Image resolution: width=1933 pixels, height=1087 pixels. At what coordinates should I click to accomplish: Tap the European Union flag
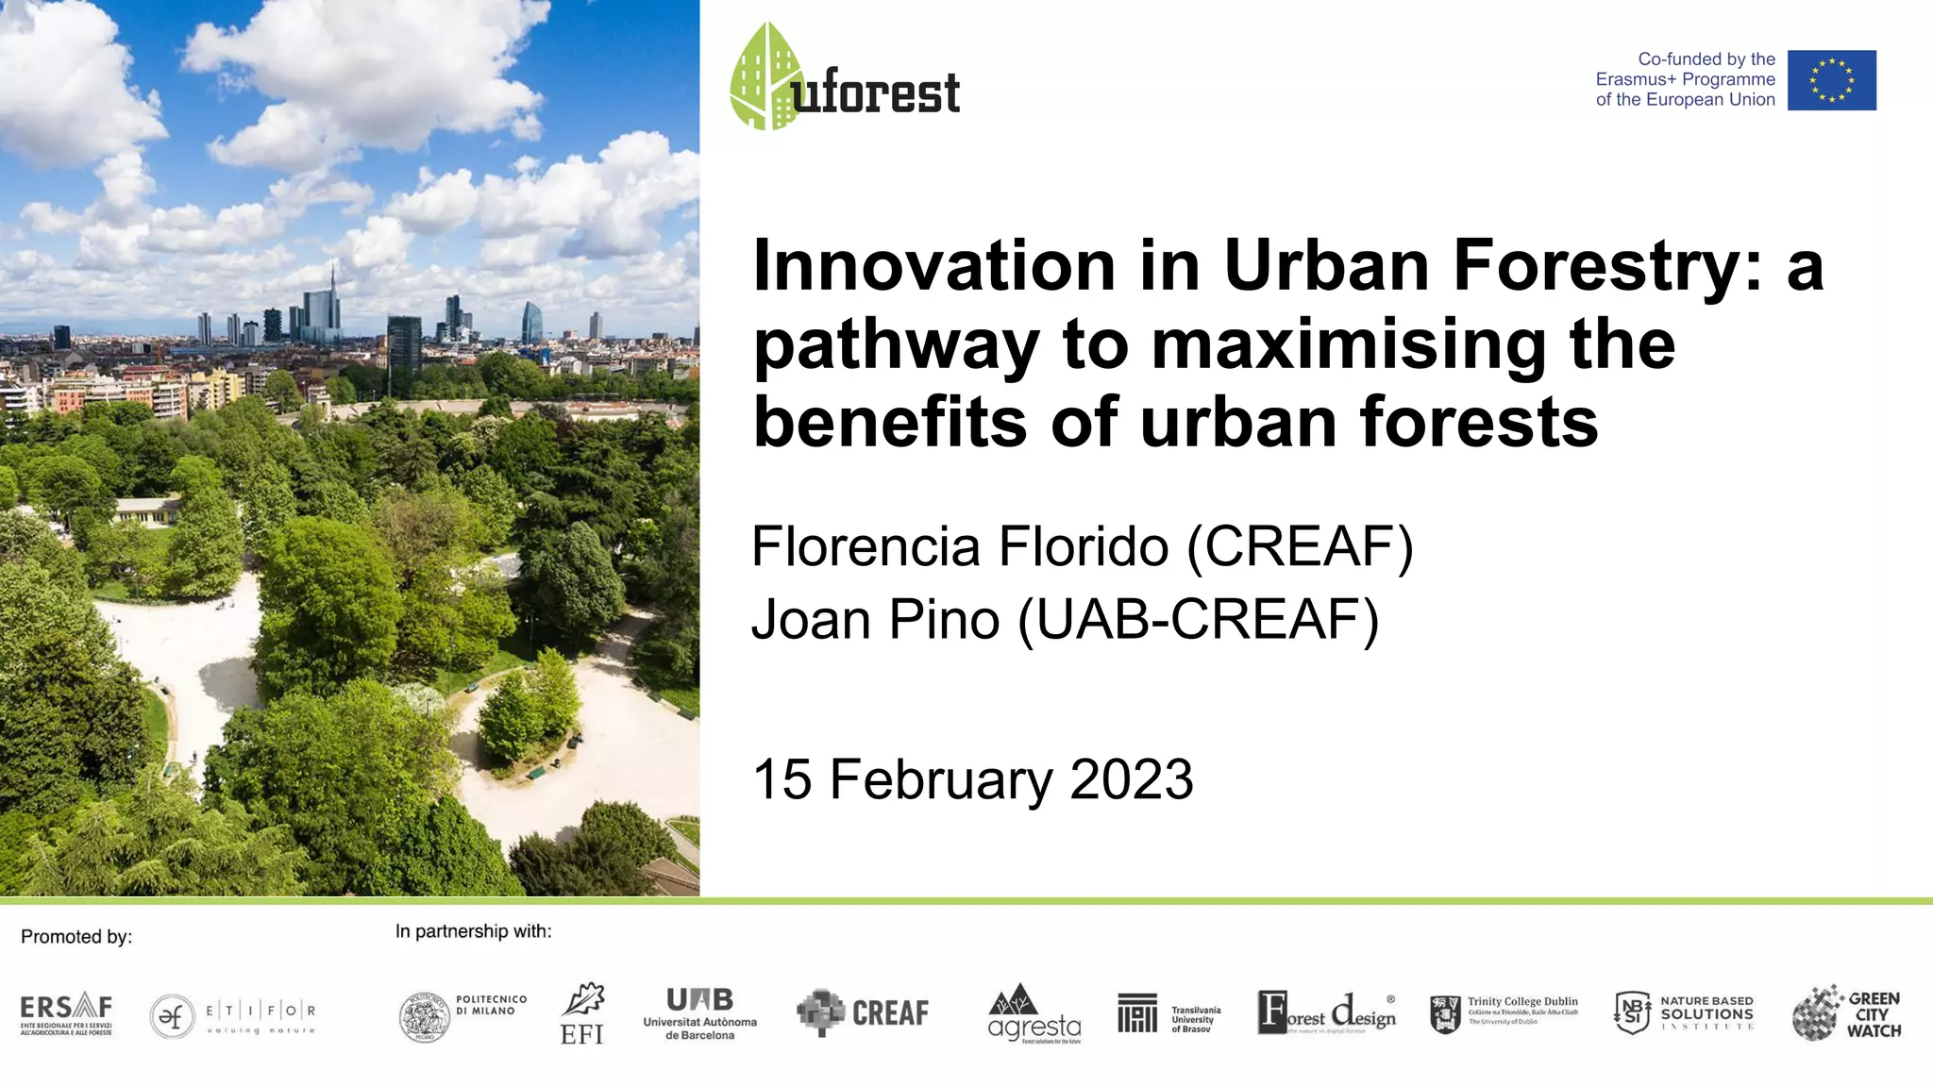(x=1831, y=80)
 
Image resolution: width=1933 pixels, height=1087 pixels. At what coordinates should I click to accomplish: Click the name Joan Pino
(x=875, y=620)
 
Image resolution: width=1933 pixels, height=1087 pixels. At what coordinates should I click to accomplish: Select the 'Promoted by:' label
(x=76, y=937)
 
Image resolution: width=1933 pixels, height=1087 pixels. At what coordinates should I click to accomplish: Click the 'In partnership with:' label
(x=473, y=931)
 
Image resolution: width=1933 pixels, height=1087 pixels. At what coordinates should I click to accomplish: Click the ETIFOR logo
(x=232, y=1016)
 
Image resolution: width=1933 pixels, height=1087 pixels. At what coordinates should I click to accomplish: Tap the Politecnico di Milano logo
(x=462, y=1016)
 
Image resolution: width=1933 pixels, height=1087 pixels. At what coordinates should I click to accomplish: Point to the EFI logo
(x=582, y=1014)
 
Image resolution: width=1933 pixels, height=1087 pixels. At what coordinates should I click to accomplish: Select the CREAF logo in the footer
(x=863, y=1012)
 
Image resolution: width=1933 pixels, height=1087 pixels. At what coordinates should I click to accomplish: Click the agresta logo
(x=1034, y=1014)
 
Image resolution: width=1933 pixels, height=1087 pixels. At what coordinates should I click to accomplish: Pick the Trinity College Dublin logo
(x=1504, y=1013)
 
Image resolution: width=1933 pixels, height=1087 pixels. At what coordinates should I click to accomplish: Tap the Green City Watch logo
(x=1846, y=1013)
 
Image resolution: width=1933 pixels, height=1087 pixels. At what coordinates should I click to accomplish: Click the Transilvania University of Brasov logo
(x=1168, y=1014)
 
